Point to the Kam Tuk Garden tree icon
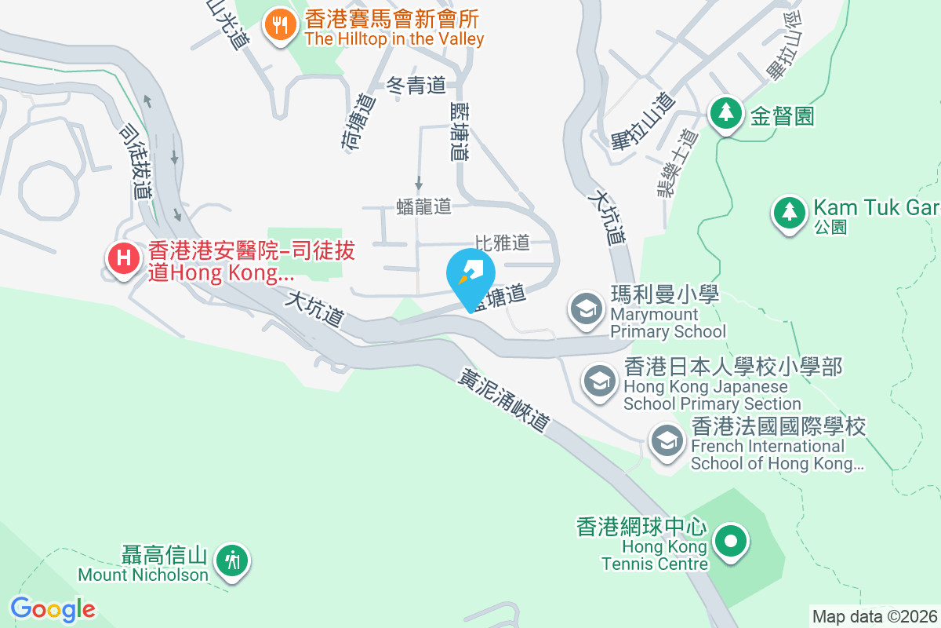[x=789, y=213]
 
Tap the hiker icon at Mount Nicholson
[x=233, y=560]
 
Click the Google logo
[x=53, y=609]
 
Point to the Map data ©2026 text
[x=874, y=617]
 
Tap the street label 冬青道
[x=416, y=85]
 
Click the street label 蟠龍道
[x=423, y=206]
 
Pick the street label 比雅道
[x=503, y=242]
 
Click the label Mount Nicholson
[x=144, y=575]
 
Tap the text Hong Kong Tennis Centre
[x=655, y=555]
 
